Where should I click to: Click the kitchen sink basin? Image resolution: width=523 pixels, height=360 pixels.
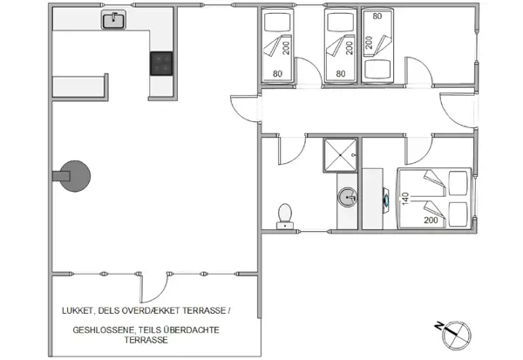pyautogui.click(x=112, y=20)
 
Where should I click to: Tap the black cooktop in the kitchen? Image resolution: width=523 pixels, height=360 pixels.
pyautogui.click(x=161, y=63)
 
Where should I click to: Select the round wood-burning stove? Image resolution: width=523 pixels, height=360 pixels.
pyautogui.click(x=75, y=174)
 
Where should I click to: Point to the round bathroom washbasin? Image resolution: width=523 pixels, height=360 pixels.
pyautogui.click(x=350, y=198)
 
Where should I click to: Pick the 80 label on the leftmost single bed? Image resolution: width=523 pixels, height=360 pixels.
pyautogui.click(x=278, y=73)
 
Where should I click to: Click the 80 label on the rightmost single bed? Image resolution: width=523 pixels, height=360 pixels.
pyautogui.click(x=377, y=15)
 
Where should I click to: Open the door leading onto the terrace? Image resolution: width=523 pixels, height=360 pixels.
pyautogui.click(x=154, y=283)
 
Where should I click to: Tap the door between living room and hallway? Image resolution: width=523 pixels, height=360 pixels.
pyautogui.click(x=245, y=107)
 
